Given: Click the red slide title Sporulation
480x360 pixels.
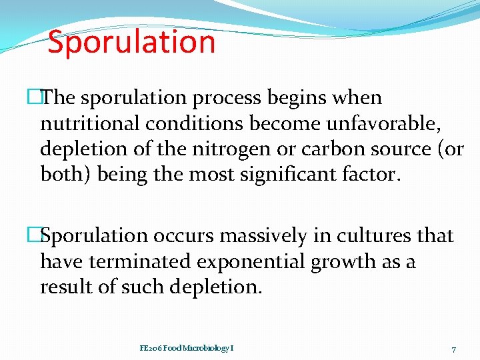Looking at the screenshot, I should coord(131,42).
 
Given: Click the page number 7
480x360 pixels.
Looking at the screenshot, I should coord(453,349).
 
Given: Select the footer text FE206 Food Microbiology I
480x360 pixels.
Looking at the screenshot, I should coord(186,348).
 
